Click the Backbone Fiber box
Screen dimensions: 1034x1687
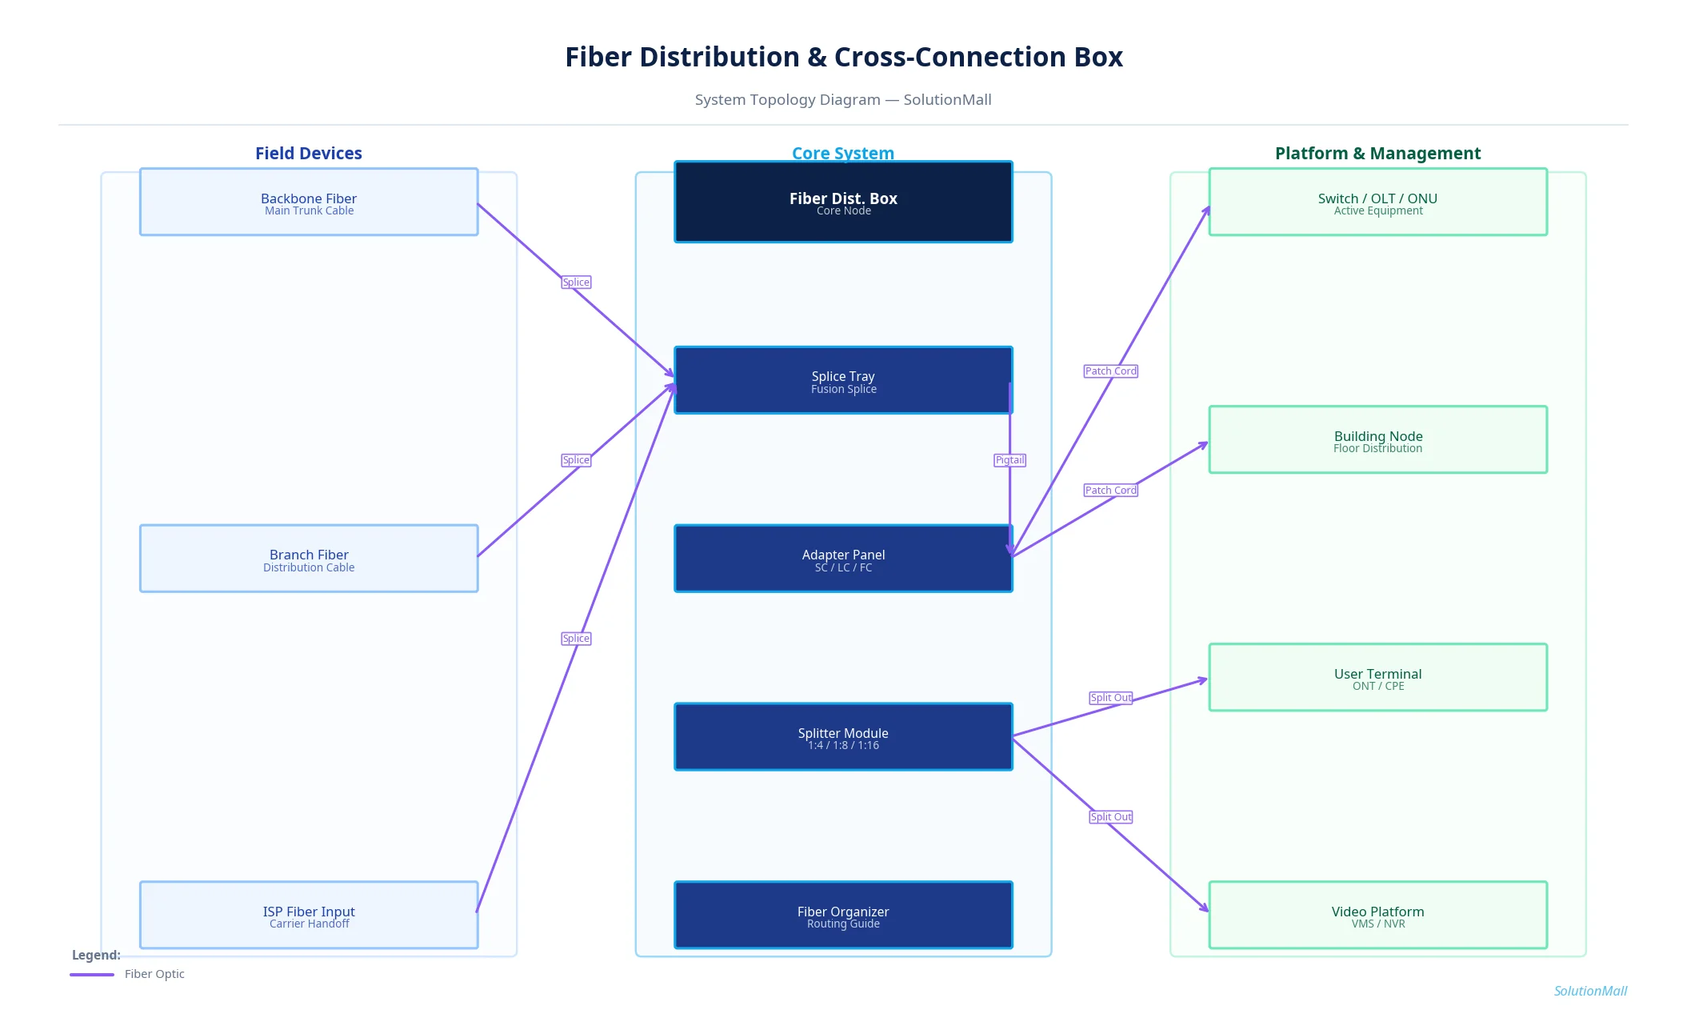[x=309, y=202]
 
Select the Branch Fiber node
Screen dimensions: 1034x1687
[x=309, y=559]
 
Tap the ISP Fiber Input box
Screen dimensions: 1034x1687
[x=309, y=915]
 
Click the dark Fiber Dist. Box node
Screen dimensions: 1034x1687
[x=843, y=202]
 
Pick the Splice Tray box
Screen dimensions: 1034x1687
[x=843, y=380]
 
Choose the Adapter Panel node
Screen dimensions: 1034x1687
[x=843, y=559]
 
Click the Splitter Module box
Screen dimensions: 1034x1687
[x=843, y=737]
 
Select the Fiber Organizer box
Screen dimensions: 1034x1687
[x=843, y=915]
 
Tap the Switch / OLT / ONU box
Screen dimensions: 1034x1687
[x=1377, y=202]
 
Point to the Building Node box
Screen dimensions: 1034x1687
[x=1377, y=439]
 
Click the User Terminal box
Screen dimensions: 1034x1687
[x=1377, y=677]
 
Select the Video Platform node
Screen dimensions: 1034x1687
[x=1377, y=915]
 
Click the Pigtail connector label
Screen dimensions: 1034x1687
[x=1009, y=460]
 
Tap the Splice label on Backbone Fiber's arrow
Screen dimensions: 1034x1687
[x=576, y=283]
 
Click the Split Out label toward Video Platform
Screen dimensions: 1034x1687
[x=1110, y=817]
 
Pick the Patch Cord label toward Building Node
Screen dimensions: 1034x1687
[x=1110, y=491]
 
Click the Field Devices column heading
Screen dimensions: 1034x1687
[x=309, y=153]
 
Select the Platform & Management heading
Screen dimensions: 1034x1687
[x=1377, y=153]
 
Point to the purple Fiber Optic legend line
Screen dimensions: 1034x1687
[x=92, y=975]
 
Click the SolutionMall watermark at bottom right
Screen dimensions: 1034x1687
[x=1589, y=991]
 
